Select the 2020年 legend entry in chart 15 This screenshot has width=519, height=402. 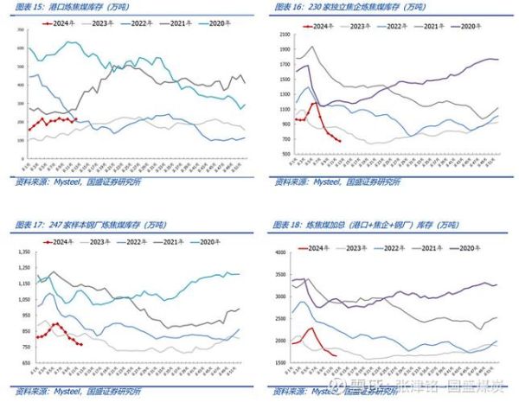coord(221,24)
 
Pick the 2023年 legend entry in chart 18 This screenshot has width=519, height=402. coord(358,247)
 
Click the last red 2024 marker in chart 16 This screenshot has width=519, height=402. coord(339,142)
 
